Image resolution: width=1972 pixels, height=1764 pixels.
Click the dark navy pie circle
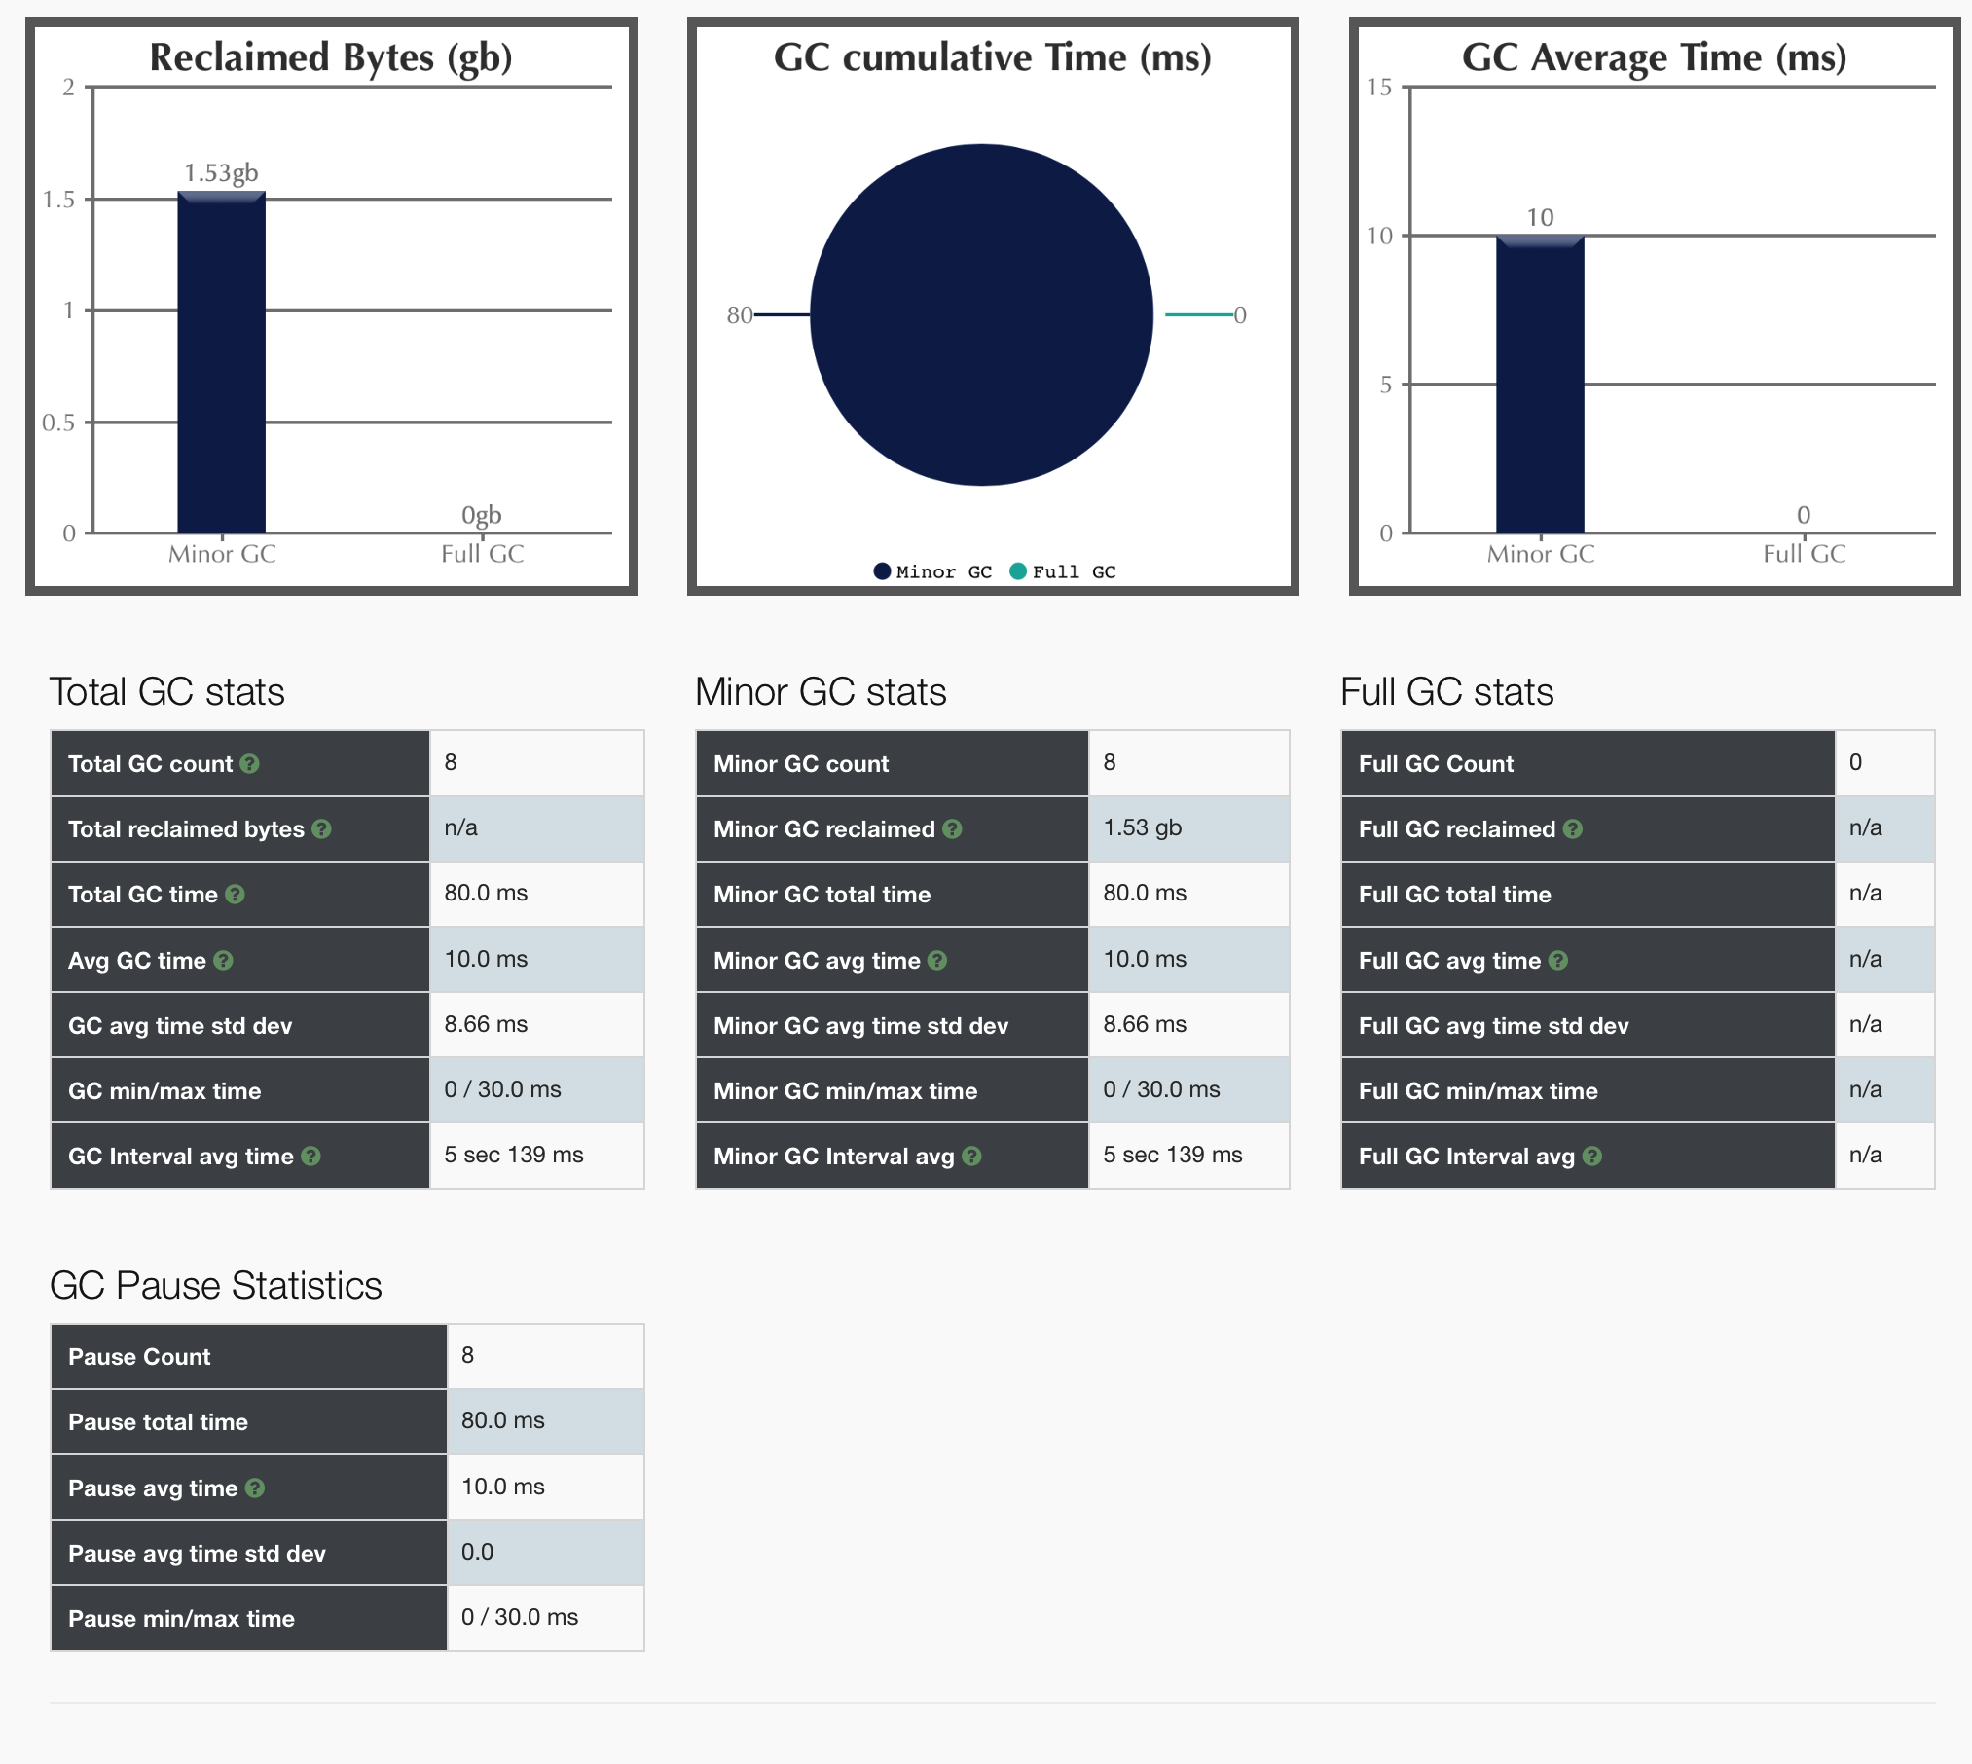pyautogui.click(x=981, y=314)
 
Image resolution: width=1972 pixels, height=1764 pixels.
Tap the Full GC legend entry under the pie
pyautogui.click(x=1063, y=571)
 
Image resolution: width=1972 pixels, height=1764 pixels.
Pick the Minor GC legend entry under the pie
pyautogui.click(x=932, y=571)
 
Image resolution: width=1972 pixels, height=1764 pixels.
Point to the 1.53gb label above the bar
pyautogui.click(x=221, y=173)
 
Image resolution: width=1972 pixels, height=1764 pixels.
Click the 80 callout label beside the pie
pyautogui.click(x=739, y=314)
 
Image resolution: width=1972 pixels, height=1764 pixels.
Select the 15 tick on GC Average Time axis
pyautogui.click(x=1378, y=88)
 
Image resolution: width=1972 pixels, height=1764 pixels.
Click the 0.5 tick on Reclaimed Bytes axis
pyautogui.click(x=58, y=423)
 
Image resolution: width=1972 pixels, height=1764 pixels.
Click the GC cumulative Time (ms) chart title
pyautogui.click(x=992, y=57)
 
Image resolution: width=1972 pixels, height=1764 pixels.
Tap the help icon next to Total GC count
pyautogui.click(x=250, y=764)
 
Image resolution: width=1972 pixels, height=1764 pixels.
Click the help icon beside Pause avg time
pyautogui.click(x=255, y=1488)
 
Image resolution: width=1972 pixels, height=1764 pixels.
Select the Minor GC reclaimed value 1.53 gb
pyautogui.click(x=1142, y=827)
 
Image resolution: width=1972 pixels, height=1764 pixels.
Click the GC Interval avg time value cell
pyautogui.click(x=513, y=1155)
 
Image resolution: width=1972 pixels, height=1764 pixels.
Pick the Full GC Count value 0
pyautogui.click(x=1855, y=762)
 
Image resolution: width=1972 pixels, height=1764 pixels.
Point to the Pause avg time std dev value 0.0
pyautogui.click(x=477, y=1552)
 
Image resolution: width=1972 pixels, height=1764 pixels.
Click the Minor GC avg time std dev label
pyautogui.click(x=860, y=1025)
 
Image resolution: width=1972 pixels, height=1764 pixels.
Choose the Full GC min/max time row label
pyautogui.click(x=1478, y=1090)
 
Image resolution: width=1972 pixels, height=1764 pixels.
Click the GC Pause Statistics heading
pyautogui.click(x=215, y=1285)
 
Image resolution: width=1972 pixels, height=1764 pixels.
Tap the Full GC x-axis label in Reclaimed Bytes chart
pyautogui.click(x=482, y=554)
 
